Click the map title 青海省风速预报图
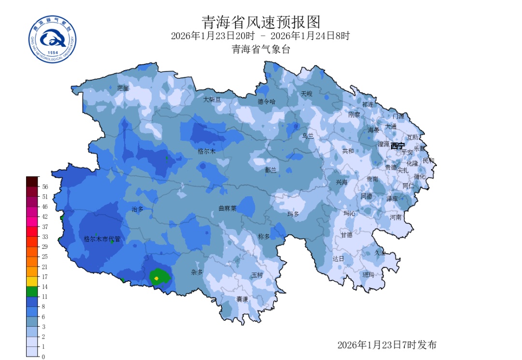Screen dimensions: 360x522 (x=261, y=22)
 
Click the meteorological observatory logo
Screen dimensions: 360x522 (x=53, y=39)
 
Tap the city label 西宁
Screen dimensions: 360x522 (x=398, y=146)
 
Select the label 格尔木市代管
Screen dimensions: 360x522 (x=101, y=239)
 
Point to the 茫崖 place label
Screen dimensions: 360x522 (x=123, y=88)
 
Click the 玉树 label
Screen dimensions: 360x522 (x=257, y=275)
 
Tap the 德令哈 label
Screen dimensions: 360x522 (x=266, y=101)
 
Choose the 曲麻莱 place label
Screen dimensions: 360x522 (x=227, y=209)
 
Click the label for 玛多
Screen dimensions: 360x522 (x=293, y=214)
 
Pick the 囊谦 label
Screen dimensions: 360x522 (x=242, y=299)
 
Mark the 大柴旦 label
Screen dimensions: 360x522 (x=212, y=99)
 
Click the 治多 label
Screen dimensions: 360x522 (x=138, y=209)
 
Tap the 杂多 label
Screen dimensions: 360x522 (x=197, y=273)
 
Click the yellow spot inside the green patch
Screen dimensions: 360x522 (x=157, y=278)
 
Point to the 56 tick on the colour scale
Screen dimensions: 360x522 (x=45, y=187)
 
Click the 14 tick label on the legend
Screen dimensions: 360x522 (x=44, y=287)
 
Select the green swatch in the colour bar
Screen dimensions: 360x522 (x=32, y=291)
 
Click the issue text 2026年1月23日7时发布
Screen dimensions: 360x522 (x=387, y=345)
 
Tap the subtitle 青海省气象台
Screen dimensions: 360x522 (x=261, y=49)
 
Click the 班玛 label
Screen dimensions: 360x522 (x=368, y=275)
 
